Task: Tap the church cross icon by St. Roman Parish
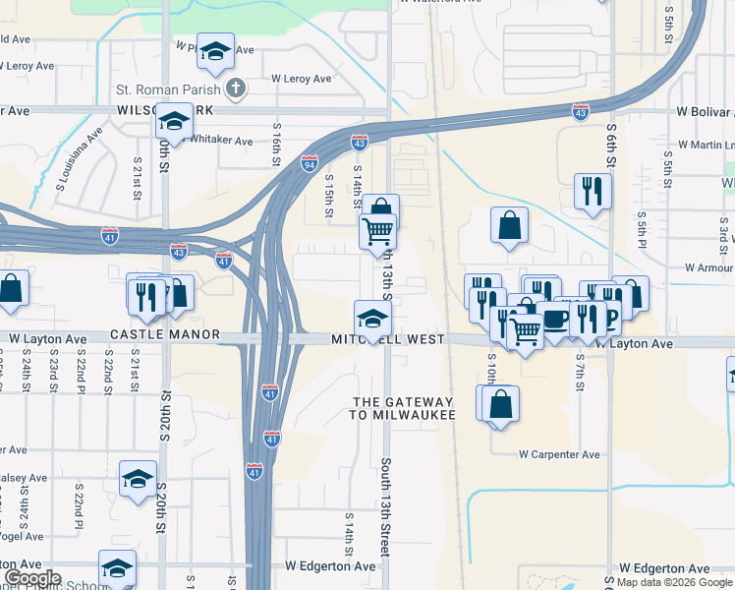[x=235, y=89]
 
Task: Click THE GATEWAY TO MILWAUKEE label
[x=404, y=408]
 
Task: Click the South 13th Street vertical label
[x=386, y=505]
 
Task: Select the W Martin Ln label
[x=699, y=145]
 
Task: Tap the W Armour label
[x=708, y=267]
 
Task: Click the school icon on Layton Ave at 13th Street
[x=372, y=318]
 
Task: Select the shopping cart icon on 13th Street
[x=377, y=231]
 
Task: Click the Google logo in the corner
[x=31, y=578]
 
